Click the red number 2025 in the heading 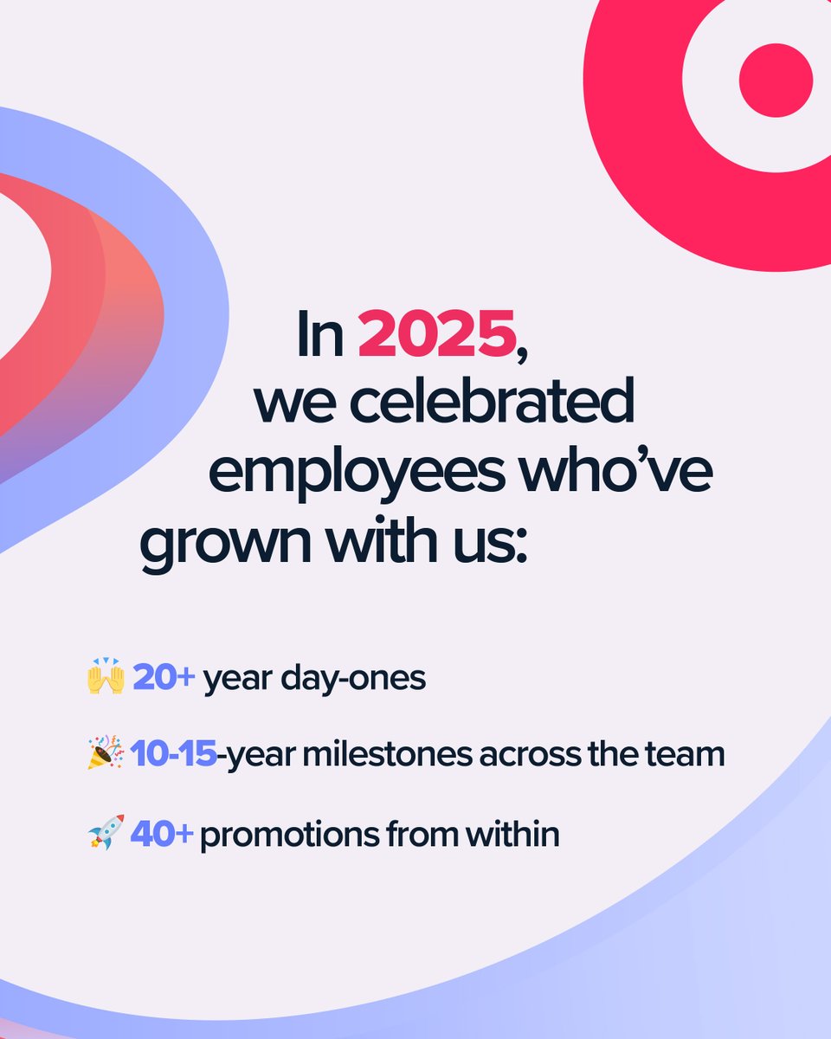coord(436,335)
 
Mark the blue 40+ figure coord(162,834)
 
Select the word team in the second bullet coord(688,755)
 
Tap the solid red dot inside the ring coord(776,80)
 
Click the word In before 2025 coord(320,335)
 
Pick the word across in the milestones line coord(533,755)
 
